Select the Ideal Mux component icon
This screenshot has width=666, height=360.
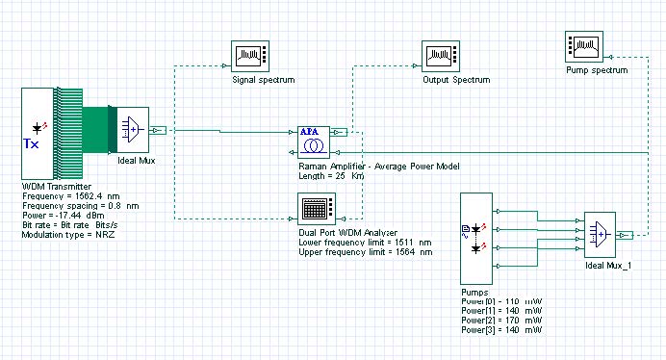tap(133, 130)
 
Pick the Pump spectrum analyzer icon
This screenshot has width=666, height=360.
tap(584, 46)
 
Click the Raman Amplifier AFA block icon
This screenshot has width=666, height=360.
tap(312, 141)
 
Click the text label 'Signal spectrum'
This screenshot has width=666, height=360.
tap(263, 81)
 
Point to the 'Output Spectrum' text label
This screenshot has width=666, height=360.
tap(455, 81)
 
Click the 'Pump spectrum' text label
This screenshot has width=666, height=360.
tap(597, 70)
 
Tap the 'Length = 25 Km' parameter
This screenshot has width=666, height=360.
tap(329, 175)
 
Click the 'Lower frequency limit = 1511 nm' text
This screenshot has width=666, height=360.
tap(359, 242)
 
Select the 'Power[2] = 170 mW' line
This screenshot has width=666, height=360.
tap(501, 321)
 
